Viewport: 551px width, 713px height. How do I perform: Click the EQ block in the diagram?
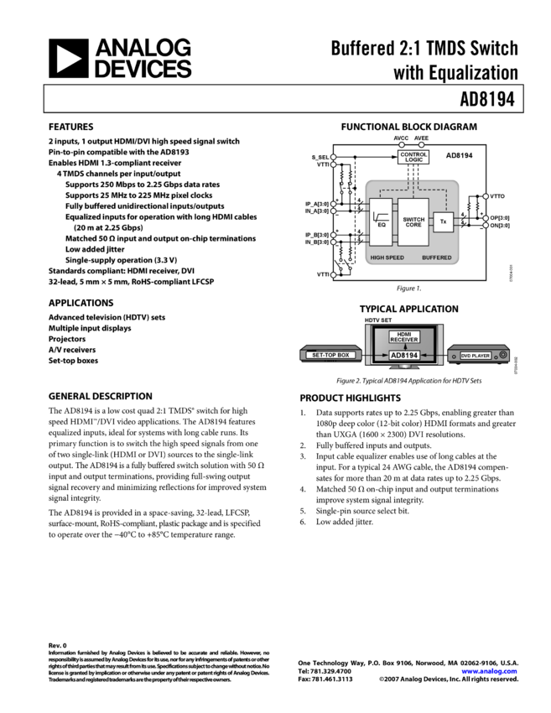tap(381, 224)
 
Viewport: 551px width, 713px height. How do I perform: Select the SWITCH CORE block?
tap(413, 222)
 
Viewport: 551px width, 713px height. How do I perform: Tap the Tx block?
tap(443, 221)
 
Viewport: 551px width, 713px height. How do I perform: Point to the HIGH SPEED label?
tap(387, 257)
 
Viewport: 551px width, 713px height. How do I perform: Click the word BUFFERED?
tap(437, 257)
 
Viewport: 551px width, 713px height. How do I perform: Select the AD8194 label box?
tap(404, 355)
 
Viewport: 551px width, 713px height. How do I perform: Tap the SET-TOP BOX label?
tap(330, 356)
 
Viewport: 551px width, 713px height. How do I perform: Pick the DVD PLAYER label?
tap(475, 356)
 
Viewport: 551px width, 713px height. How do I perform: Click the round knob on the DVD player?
tap(502, 356)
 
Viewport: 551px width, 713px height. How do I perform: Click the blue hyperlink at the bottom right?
tap(489, 671)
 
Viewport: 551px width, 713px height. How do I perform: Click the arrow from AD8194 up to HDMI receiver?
tap(404, 346)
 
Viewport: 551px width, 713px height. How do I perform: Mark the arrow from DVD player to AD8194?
tap(439, 356)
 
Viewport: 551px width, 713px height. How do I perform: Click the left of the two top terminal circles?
tap(402, 145)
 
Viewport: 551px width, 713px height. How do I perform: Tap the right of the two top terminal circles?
tap(422, 145)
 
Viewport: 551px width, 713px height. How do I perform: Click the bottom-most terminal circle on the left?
tap(333, 274)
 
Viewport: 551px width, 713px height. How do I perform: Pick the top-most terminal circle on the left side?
tap(333, 157)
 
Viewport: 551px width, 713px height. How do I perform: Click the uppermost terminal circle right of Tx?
tap(486, 196)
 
